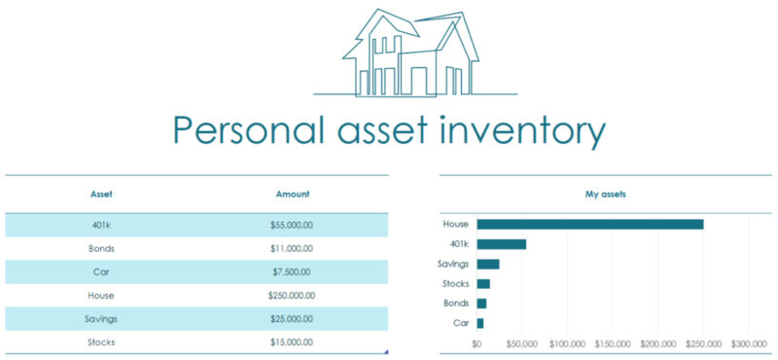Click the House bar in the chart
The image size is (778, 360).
[x=589, y=224]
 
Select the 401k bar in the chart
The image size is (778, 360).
[x=501, y=244]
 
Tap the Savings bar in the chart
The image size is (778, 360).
[x=487, y=264]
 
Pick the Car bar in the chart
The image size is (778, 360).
[x=479, y=323]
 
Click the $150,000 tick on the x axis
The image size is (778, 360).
[x=613, y=343]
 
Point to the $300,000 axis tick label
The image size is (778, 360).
[x=749, y=343]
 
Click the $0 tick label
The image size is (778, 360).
[x=477, y=343]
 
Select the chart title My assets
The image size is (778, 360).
[x=605, y=195]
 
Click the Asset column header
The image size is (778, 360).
[x=101, y=195]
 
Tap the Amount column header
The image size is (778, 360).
[x=293, y=195]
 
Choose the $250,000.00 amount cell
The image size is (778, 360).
[x=292, y=295]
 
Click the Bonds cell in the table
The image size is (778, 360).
[x=101, y=248]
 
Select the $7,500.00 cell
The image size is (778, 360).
[x=292, y=271]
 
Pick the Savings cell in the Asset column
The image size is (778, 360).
[x=101, y=318]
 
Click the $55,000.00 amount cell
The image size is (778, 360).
[x=292, y=225]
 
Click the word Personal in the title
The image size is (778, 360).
[x=248, y=129]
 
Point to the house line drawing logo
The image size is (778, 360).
[x=413, y=54]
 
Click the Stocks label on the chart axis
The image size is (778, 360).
[x=455, y=284]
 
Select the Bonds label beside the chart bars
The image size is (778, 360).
[x=456, y=304]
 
